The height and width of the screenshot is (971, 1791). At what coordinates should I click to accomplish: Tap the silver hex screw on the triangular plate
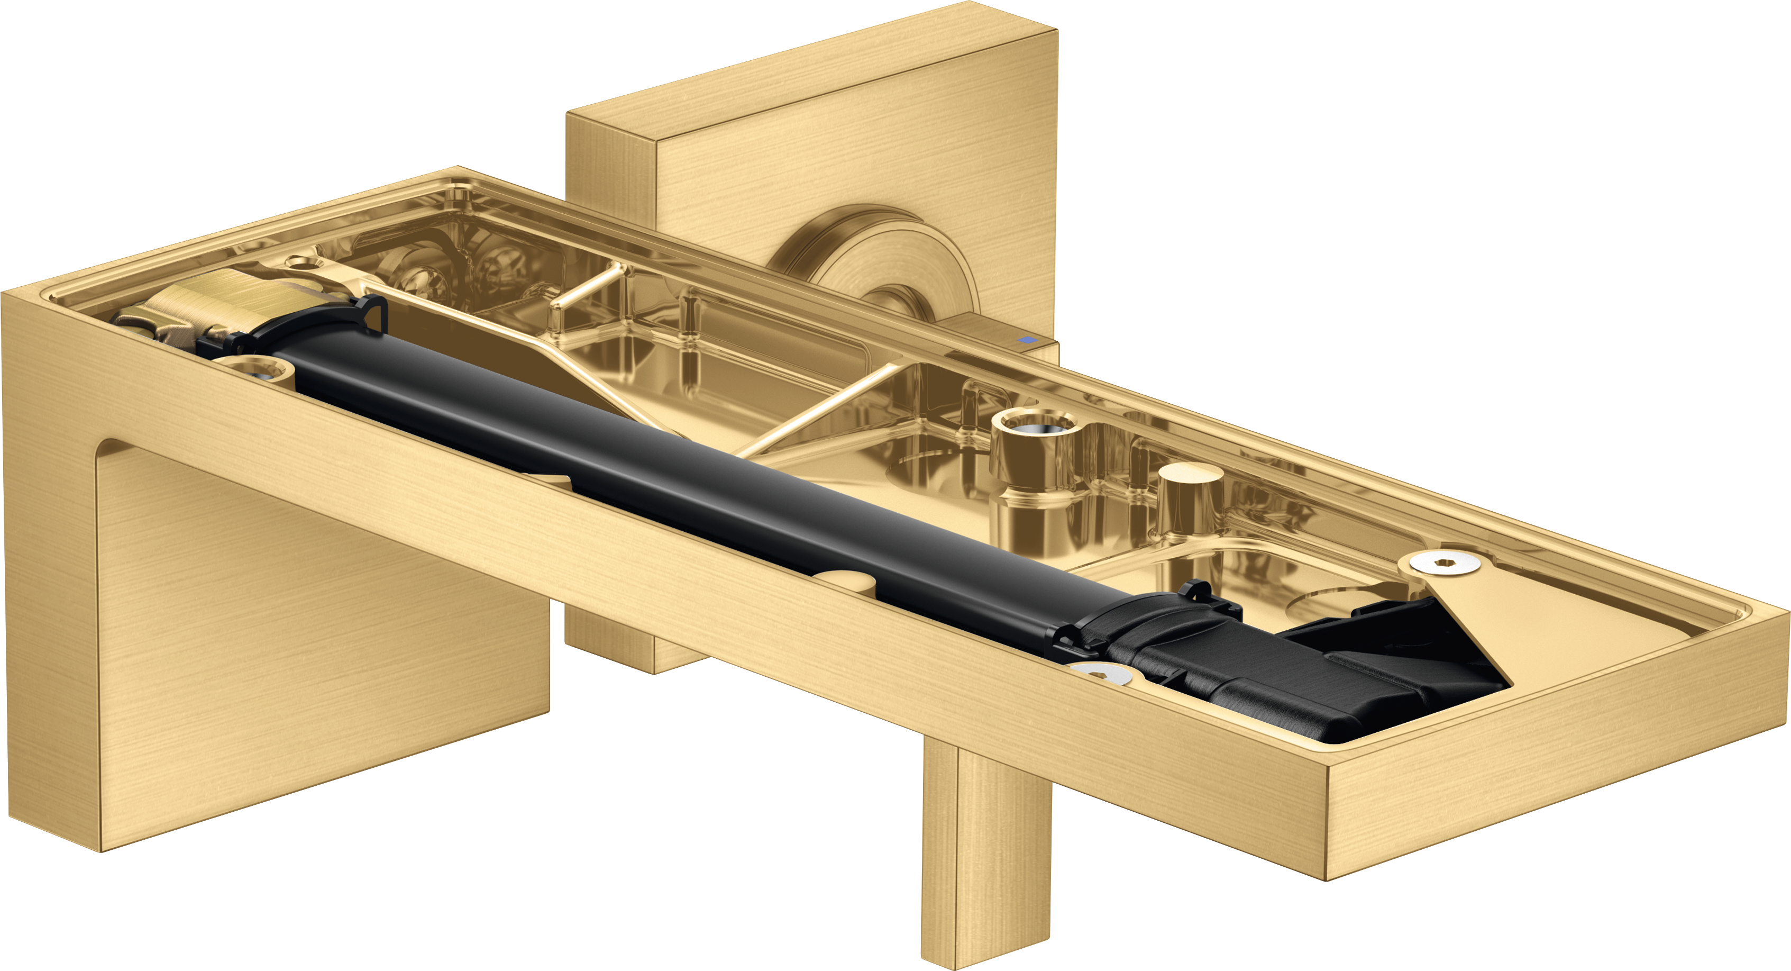click(1446, 562)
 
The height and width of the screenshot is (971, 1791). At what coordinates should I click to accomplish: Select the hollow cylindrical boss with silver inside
click(1036, 424)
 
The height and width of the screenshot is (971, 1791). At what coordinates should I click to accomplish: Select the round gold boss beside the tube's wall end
click(254, 369)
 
